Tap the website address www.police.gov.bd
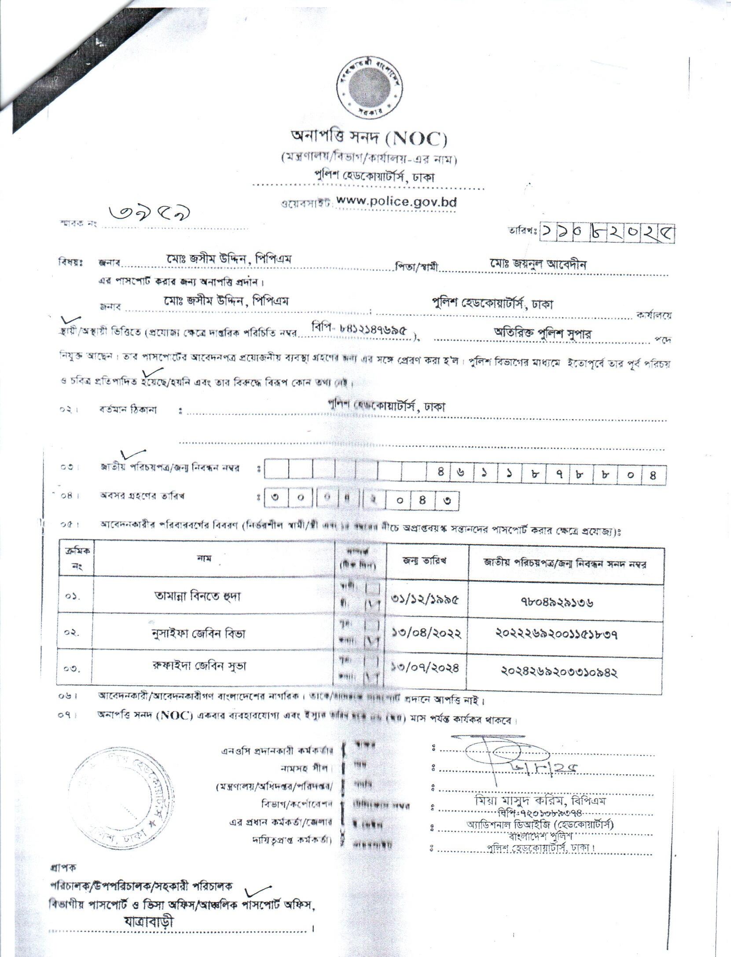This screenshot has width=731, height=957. click(396, 202)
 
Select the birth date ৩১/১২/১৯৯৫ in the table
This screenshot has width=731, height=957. click(425, 599)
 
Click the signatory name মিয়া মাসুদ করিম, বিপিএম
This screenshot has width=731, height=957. click(532, 801)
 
